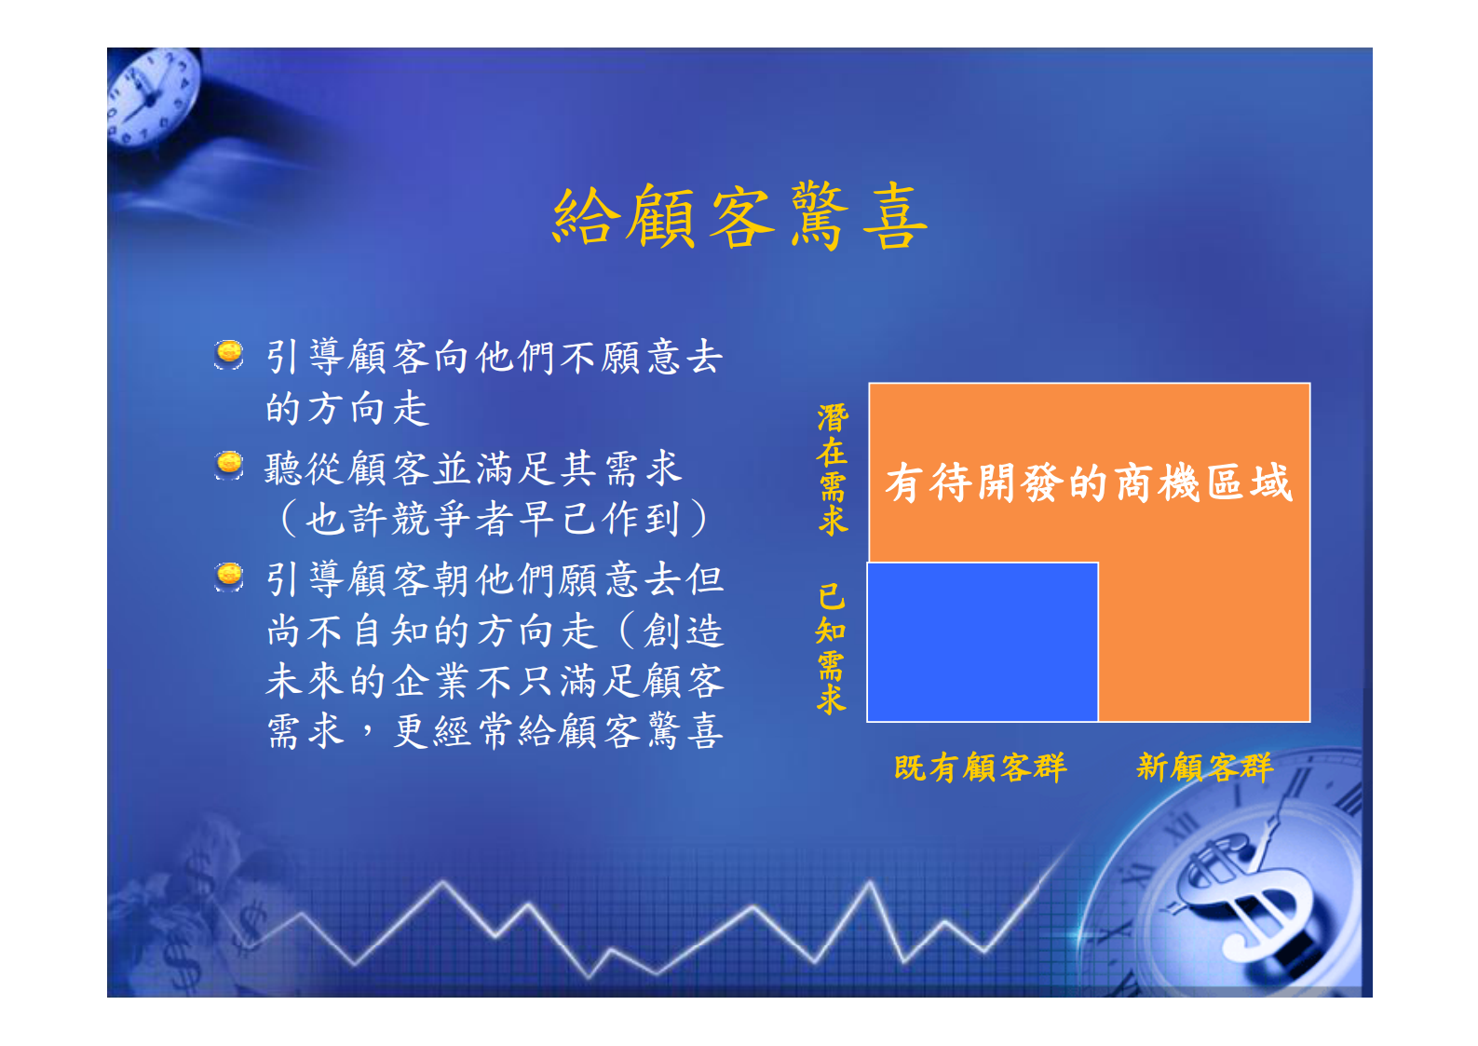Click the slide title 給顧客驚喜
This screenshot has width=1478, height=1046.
coord(739,216)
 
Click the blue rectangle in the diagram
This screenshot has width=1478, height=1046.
coord(982,642)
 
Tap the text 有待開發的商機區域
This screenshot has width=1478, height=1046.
coord(1088,482)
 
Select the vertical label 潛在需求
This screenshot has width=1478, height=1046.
coord(832,469)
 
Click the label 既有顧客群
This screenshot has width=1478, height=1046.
coord(980,768)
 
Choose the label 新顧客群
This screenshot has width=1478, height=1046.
coord(1203,768)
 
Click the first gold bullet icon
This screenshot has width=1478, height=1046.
coord(229,354)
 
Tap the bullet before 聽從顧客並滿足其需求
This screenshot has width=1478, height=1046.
coord(229,464)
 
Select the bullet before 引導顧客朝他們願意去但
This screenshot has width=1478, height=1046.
coord(229,576)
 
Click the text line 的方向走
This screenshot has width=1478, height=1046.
coord(346,408)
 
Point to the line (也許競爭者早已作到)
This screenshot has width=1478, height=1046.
coord(494,519)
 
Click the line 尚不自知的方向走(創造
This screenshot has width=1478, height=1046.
coord(494,631)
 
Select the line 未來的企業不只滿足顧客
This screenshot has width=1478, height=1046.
coord(494,681)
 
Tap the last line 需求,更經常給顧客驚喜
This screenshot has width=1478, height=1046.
coord(494,731)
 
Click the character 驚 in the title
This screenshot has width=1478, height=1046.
coord(820,216)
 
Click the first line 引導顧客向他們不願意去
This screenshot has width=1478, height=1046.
coord(494,357)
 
